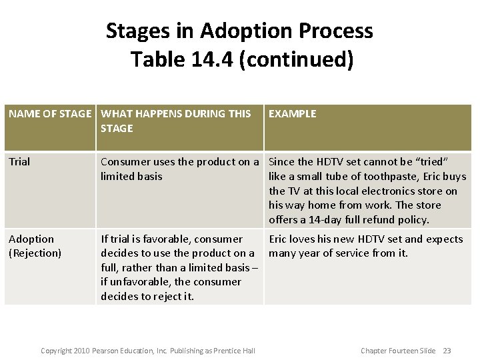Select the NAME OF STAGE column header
(50, 114)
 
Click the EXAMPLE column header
(292, 114)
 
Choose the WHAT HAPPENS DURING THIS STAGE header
(175, 121)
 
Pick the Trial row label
(19, 162)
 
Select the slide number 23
(447, 351)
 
